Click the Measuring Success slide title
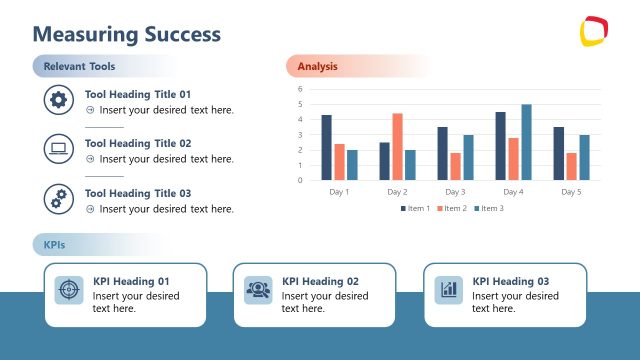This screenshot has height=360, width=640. coord(127,34)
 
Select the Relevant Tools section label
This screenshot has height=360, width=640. coord(80,67)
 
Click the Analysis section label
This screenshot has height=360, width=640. coord(318,67)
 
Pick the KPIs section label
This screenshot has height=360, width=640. coord(55,245)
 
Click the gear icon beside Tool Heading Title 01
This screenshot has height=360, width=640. coord(59,99)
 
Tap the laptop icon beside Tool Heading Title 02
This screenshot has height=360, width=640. coord(59,149)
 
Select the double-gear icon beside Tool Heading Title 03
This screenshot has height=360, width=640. coord(59,198)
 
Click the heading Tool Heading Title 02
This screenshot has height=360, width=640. coord(138,143)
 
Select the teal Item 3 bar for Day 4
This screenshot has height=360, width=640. coord(526,142)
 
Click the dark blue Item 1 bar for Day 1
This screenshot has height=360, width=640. coord(327,148)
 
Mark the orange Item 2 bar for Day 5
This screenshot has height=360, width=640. coord(571,166)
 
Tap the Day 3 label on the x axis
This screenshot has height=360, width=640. coord(455,191)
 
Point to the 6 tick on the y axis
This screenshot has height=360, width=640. coord(300,89)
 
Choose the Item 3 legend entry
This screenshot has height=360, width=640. coord(490,208)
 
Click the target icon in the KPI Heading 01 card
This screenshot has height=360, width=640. coord(69,290)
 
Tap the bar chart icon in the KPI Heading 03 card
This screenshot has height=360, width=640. coord(448,290)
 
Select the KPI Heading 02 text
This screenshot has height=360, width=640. coord(320,281)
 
